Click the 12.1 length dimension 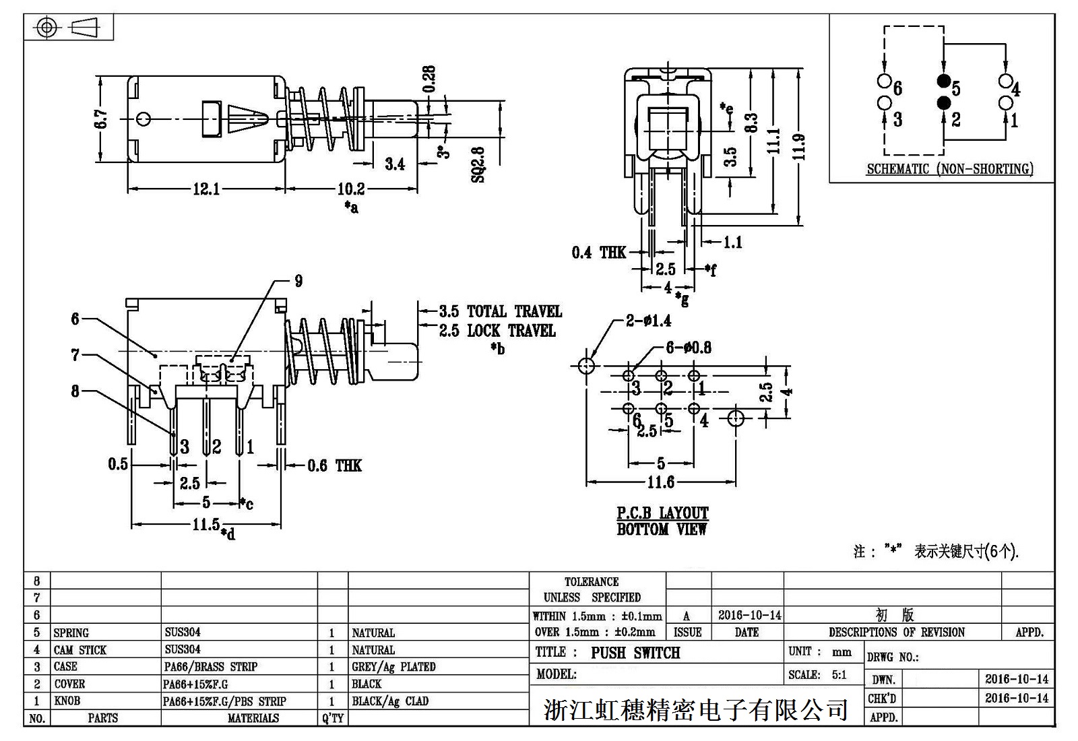pos(206,189)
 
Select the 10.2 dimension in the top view pos(351,189)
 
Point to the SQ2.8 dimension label pos(478,164)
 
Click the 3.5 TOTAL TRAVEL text pos(500,311)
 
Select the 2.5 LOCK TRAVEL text pos(497,331)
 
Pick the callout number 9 pos(298,281)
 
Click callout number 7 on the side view pos(75,355)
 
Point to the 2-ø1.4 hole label pos(648,321)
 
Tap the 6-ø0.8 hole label pos(689,348)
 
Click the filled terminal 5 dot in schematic pos(944,82)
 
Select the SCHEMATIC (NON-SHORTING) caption pos(950,169)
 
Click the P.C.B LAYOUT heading pos(662,513)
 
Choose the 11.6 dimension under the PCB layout pos(660,482)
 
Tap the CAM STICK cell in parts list pos(80,650)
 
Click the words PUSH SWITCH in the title pos(635,653)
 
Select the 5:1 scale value pos(839,675)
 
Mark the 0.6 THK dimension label pos(334,465)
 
